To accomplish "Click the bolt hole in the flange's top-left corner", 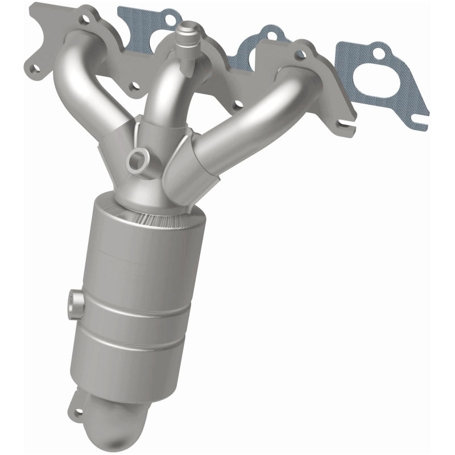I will click(84, 19).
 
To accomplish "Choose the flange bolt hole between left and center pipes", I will click(135, 86).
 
